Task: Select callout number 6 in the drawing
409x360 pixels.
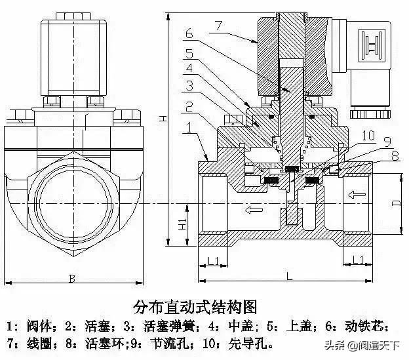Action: tap(188, 33)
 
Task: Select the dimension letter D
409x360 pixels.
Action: tap(396, 203)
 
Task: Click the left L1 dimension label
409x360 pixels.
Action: tap(213, 260)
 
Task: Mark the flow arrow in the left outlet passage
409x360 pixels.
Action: tap(252, 210)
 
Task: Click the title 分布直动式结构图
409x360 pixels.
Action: tap(195, 307)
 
